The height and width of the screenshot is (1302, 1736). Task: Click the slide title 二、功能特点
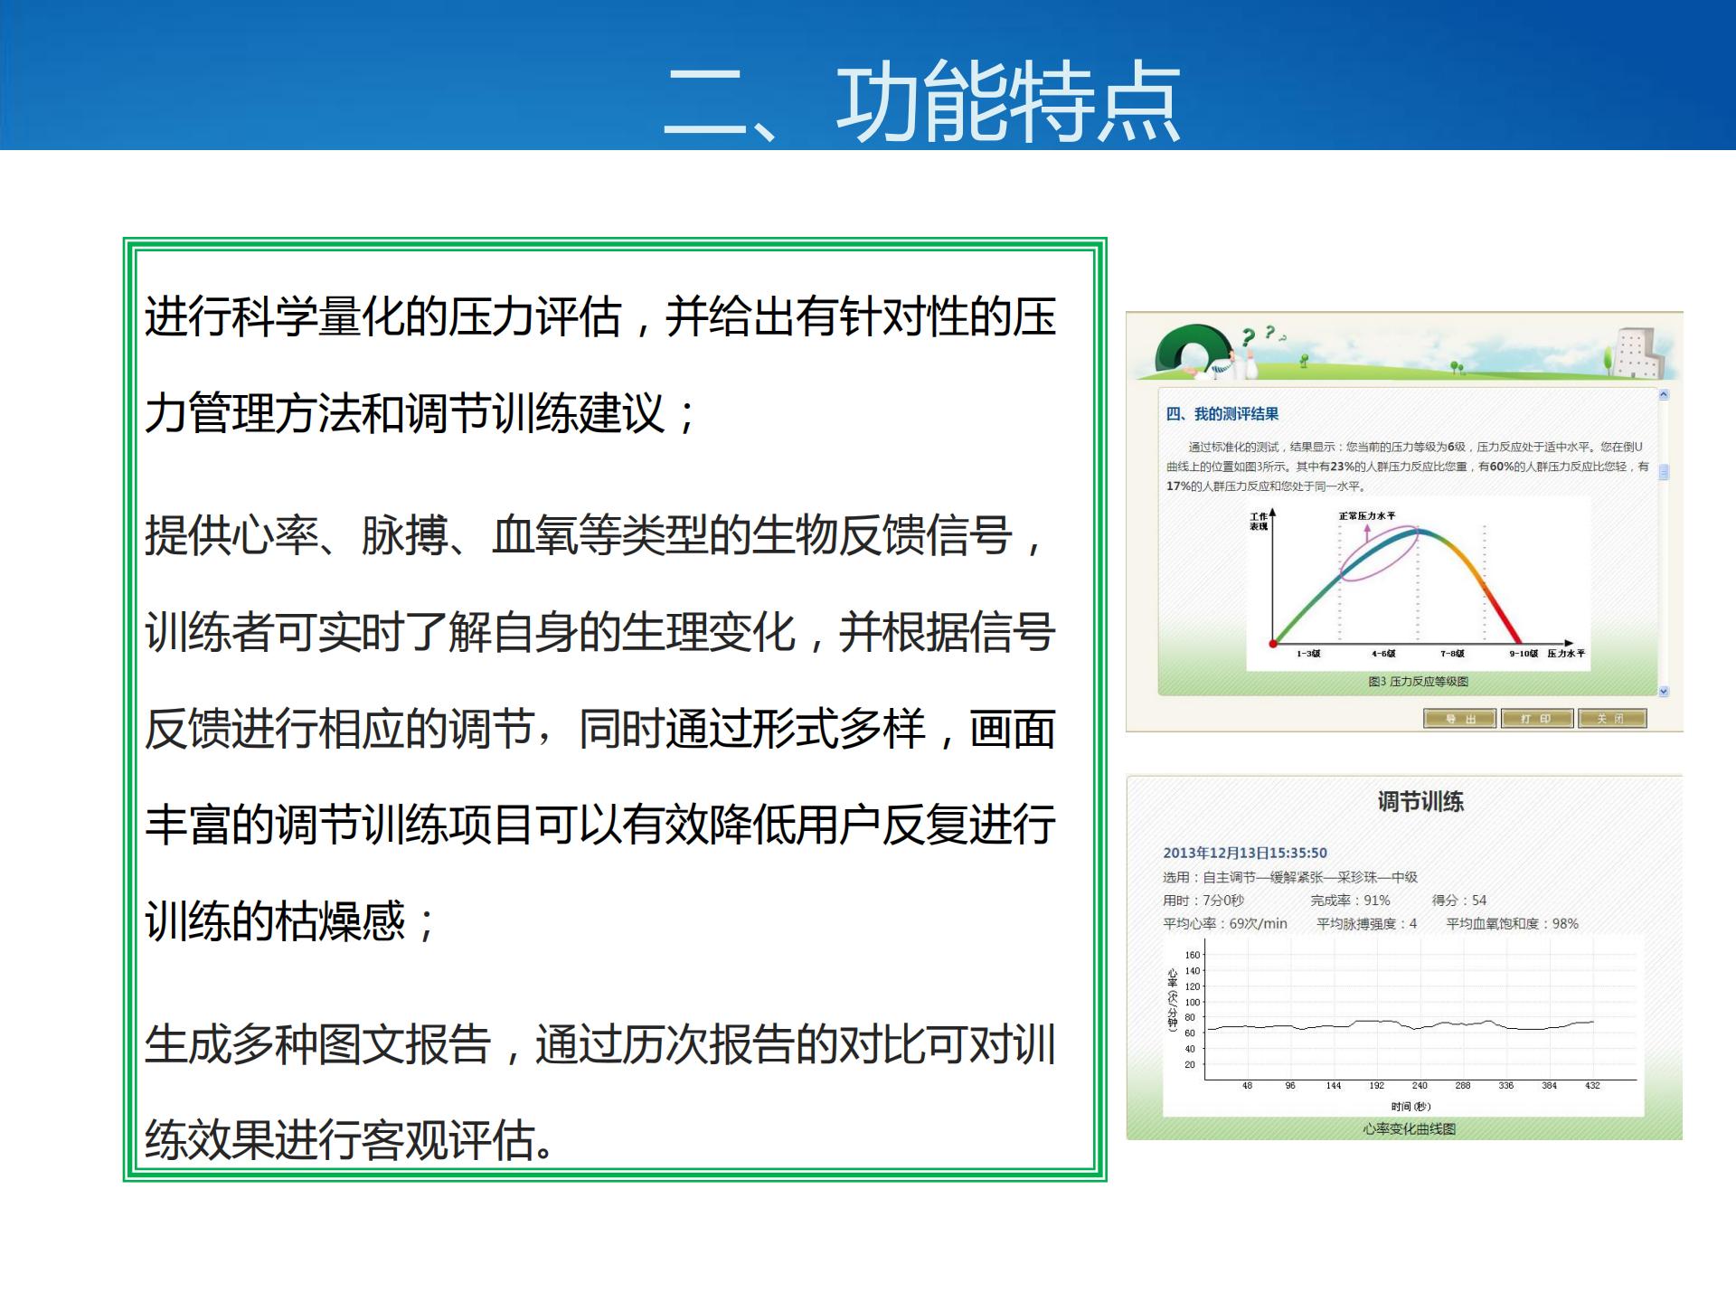pos(921,101)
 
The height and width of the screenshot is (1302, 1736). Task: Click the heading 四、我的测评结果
pos(1222,414)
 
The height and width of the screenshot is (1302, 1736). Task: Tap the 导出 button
pos(1459,719)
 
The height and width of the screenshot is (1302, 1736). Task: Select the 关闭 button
pos(1611,719)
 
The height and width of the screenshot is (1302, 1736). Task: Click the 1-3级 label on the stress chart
pos(1307,654)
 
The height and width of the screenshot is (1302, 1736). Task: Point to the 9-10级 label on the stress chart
pos(1523,654)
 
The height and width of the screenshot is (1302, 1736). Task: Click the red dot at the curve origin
pos(1273,643)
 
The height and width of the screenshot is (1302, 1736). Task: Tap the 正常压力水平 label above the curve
pos(1366,516)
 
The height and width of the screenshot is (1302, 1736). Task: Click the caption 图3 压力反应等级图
pos(1418,682)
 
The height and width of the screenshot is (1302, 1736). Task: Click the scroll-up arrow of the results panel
pos(1663,395)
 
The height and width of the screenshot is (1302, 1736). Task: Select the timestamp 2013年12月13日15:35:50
pos(1244,853)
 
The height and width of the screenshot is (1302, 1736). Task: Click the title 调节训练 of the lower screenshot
pos(1420,801)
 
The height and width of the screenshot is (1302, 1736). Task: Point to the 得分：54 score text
pos(1458,901)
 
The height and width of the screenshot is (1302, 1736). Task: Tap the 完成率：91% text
pos(1350,901)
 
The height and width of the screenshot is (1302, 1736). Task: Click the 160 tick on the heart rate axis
pos(1192,955)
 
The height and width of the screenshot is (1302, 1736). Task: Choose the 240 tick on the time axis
pos(1420,1086)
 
